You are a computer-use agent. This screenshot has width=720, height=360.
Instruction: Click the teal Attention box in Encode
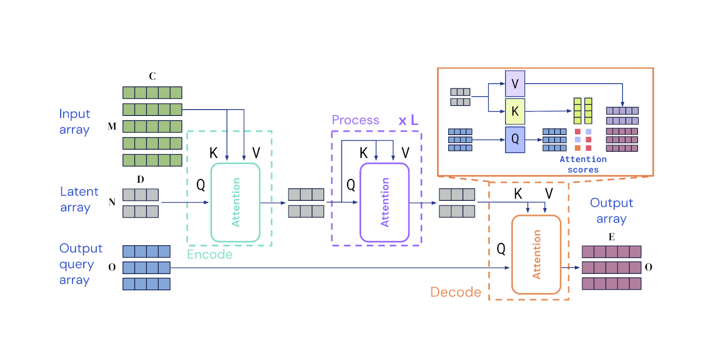pos(235,202)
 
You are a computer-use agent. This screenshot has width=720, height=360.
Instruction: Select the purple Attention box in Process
pos(385,202)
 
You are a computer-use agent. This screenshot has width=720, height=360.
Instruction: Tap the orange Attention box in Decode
pos(536,254)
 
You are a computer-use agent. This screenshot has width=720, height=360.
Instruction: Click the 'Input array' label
pos(75,121)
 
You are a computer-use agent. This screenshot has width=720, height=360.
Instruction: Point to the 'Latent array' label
pos(79,200)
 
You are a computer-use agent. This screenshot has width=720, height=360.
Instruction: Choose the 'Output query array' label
pos(81,264)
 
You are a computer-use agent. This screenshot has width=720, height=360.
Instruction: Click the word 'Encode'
pos(209,255)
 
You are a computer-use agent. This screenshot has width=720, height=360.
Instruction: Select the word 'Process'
pos(355,120)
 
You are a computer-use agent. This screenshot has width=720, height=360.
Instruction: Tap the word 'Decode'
pos(456,292)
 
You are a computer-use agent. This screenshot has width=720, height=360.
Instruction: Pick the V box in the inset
pos(515,83)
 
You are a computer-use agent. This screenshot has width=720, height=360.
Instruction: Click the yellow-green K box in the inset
pos(515,111)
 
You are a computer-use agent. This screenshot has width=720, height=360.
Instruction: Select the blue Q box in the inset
pos(515,139)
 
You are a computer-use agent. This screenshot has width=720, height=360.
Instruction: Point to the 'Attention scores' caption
pos(583,164)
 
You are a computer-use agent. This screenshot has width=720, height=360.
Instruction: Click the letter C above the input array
pos(152,76)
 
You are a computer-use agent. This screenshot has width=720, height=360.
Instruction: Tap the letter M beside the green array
pos(112,127)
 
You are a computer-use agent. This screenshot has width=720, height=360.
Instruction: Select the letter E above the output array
pos(611,237)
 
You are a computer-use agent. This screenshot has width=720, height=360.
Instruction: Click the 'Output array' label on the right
pos(611,210)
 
